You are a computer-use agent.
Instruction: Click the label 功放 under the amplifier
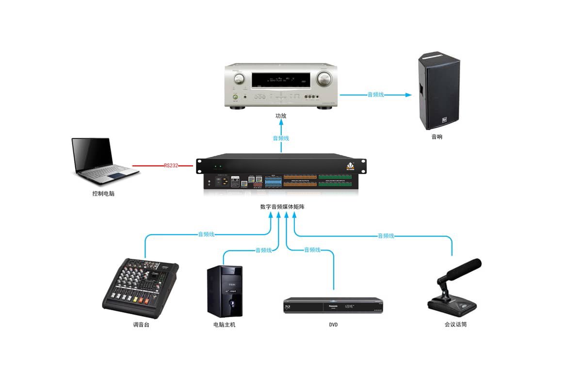point(281,116)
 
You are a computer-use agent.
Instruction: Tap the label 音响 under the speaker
point(436,137)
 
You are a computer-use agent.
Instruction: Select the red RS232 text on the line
point(171,166)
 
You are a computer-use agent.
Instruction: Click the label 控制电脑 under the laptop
point(104,193)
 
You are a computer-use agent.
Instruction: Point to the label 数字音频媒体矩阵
point(282,206)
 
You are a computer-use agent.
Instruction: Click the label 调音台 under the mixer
point(141,324)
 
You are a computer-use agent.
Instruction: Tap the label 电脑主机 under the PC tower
point(224,324)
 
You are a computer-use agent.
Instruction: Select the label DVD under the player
point(333,324)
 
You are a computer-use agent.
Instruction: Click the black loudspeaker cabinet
point(438,92)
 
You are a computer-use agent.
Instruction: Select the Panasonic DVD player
point(333,305)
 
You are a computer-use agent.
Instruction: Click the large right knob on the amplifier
point(323,78)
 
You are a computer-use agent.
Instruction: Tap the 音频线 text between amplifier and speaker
point(375,95)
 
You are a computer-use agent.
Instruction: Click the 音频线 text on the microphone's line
point(386,236)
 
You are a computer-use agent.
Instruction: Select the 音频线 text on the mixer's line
point(206,234)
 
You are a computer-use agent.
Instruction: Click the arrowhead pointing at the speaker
point(408,95)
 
